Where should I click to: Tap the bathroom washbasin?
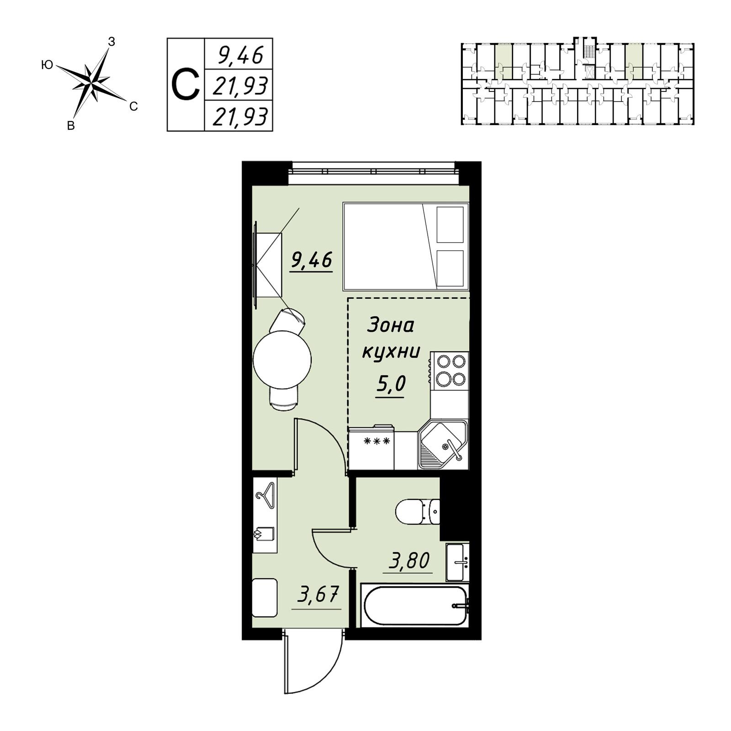click(x=457, y=562)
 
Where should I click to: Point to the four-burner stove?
click(x=450, y=371)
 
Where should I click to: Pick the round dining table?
click(x=282, y=360)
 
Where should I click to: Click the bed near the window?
click(x=406, y=247)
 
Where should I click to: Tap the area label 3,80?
click(x=409, y=561)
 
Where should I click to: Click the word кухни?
click(x=391, y=353)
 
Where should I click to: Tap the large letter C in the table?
click(x=185, y=85)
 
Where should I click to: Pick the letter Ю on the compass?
click(x=47, y=65)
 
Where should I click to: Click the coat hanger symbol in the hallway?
click(x=265, y=495)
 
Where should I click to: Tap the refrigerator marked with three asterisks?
click(x=371, y=447)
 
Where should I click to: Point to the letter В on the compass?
click(x=71, y=126)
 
